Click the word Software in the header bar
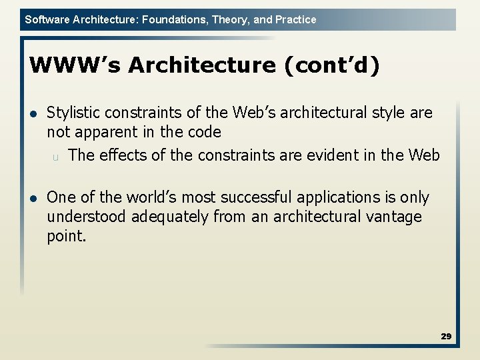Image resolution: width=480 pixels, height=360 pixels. click(45, 20)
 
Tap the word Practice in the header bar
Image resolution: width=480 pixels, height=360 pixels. click(295, 20)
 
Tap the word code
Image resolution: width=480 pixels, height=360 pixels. click(203, 132)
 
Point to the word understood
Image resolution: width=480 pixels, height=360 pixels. click(87, 217)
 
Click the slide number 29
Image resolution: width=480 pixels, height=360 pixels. click(446, 337)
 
